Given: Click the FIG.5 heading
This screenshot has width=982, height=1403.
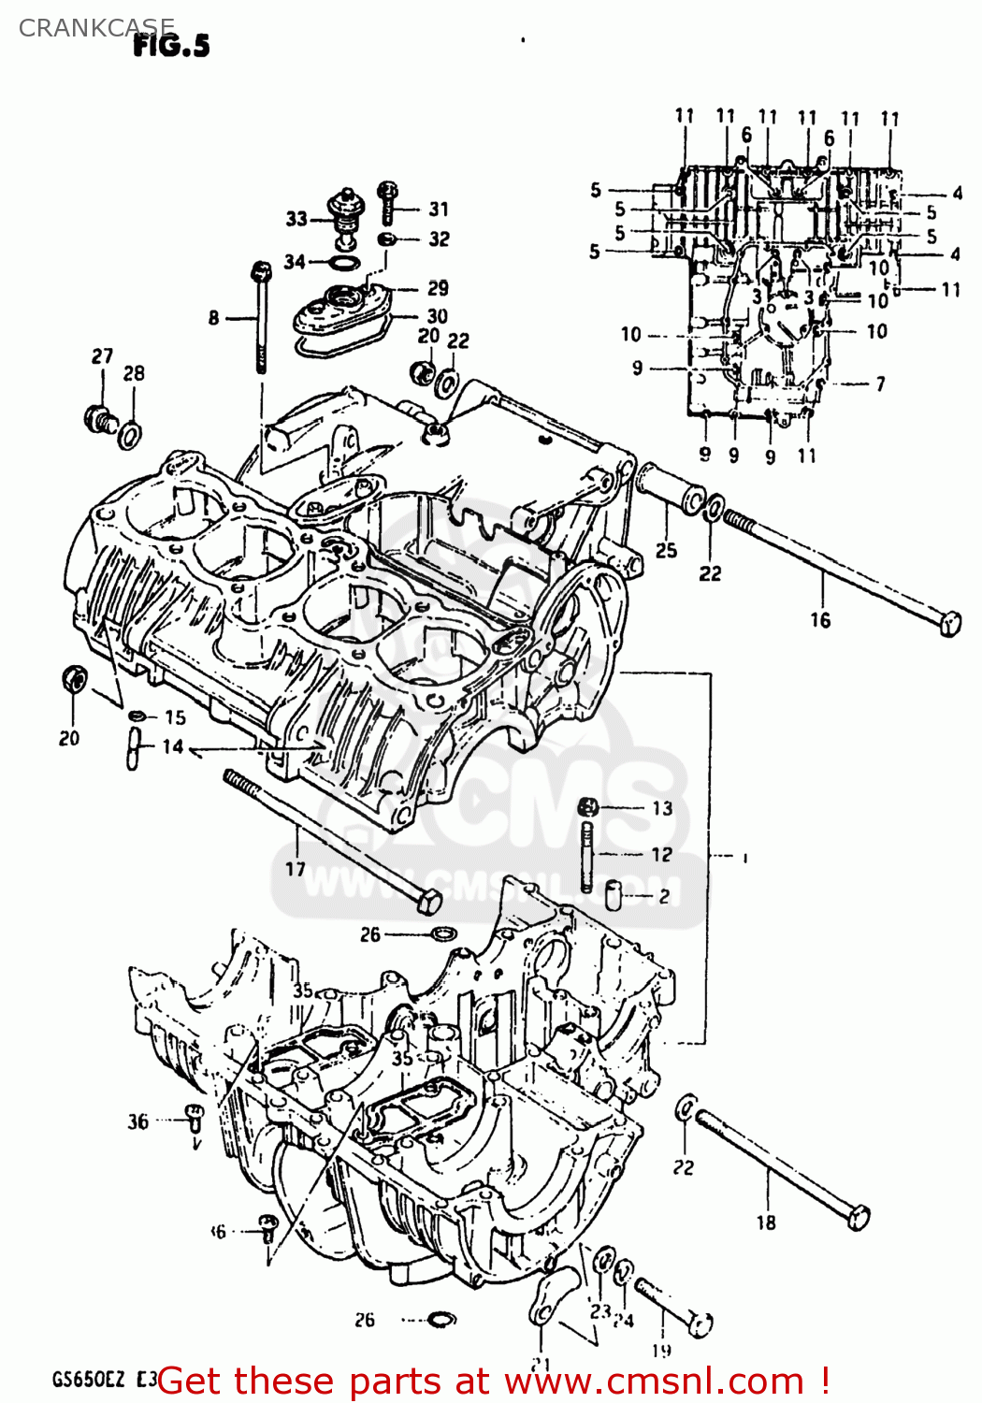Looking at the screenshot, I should [x=171, y=45].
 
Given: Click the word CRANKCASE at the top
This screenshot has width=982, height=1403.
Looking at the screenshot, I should [x=96, y=27].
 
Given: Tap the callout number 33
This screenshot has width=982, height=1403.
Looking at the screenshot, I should [x=296, y=219].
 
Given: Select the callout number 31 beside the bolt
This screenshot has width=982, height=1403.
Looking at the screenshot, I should [x=439, y=209].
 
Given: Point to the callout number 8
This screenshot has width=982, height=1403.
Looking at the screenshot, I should [x=214, y=318].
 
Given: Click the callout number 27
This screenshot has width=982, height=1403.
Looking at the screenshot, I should [x=102, y=355].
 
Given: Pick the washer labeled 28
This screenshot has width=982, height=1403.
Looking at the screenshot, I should [x=132, y=434].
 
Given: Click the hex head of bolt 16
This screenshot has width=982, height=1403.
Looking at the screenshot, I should [x=950, y=624].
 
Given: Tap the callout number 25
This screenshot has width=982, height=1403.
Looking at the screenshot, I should [x=666, y=550].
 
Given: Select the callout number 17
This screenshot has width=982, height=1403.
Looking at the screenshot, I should [x=296, y=869].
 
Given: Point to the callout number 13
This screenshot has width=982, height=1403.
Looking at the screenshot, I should [x=662, y=808].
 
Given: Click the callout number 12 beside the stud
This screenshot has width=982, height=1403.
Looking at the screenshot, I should [x=661, y=854].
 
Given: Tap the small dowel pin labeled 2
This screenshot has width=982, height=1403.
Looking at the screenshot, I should [x=614, y=895].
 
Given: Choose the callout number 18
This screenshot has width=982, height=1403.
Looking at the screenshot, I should [x=766, y=1222].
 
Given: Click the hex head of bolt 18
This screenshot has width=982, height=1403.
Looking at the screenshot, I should [x=858, y=1217].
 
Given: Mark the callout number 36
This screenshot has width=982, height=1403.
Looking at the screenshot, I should [x=138, y=1121].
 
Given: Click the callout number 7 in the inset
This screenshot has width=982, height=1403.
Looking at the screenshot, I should [x=880, y=383].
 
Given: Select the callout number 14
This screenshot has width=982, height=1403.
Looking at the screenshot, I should [x=173, y=746].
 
